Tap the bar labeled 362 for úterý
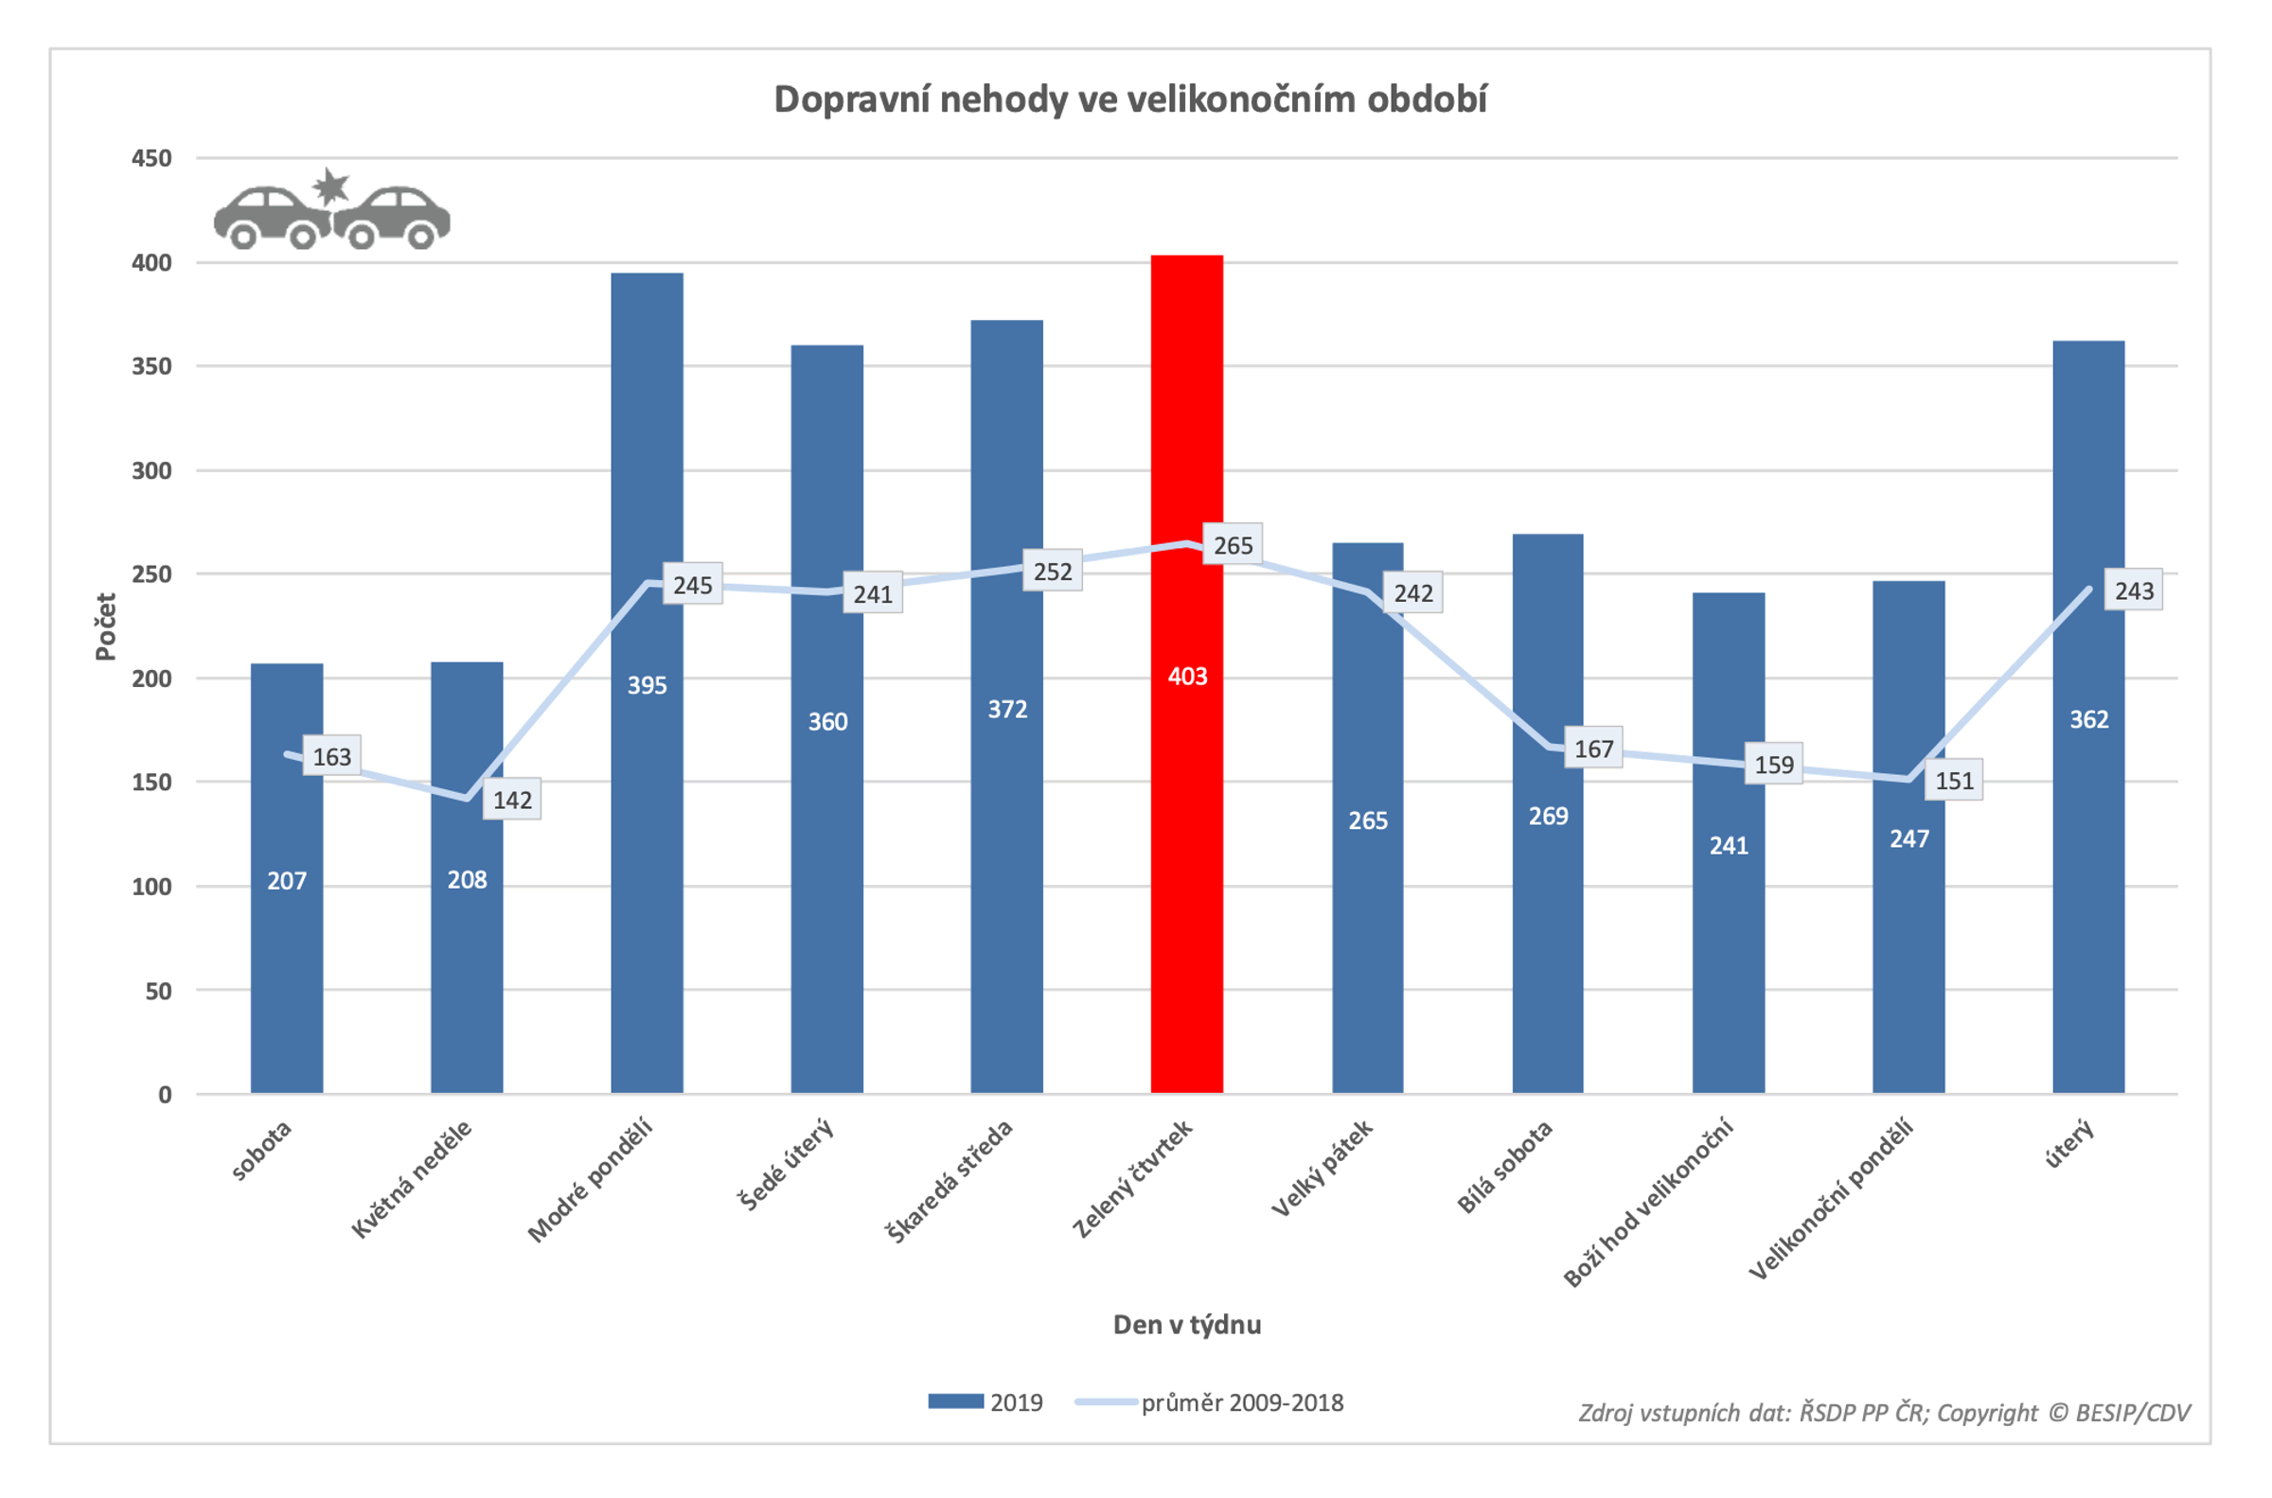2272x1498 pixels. [x=2087, y=860]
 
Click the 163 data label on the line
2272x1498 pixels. [x=331, y=757]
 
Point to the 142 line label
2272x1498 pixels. [x=512, y=800]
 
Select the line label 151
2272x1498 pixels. [x=1954, y=781]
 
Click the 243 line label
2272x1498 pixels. [x=2134, y=591]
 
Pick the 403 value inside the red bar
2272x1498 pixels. [x=1186, y=677]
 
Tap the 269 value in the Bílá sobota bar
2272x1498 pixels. [x=1548, y=816]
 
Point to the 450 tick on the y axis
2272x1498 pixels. [x=151, y=159]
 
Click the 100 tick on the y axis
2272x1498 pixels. [x=151, y=887]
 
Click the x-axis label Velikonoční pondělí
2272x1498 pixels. [x=1831, y=1198]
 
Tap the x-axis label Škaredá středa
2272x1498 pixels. [x=950, y=1183]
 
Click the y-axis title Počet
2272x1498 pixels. [x=105, y=626]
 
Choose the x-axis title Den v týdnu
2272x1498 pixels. [x=1186, y=1325]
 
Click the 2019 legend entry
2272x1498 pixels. [x=987, y=1402]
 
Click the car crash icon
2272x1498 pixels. [x=331, y=210]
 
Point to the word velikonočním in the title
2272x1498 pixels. [x=1239, y=99]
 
